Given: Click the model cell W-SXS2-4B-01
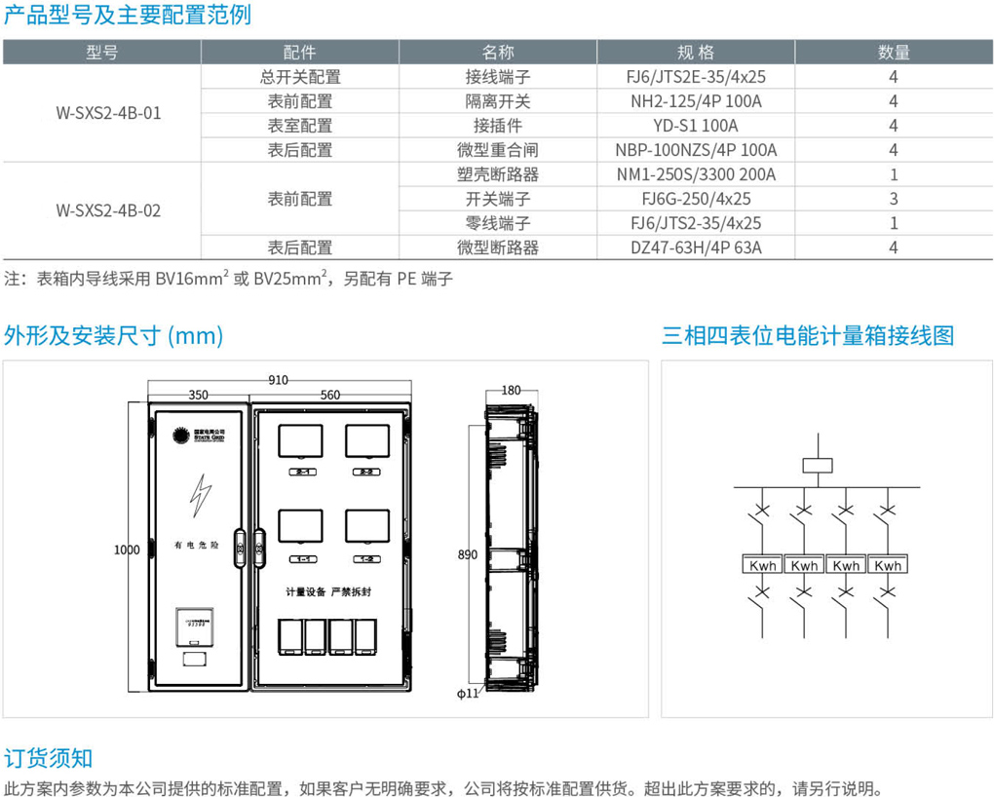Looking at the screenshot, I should pyautogui.click(x=108, y=113).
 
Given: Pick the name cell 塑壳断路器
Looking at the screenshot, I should pyautogui.click(x=497, y=174).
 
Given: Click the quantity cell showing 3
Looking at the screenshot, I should pyautogui.click(x=893, y=199).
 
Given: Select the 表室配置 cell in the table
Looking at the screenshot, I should pyautogui.click(x=300, y=126).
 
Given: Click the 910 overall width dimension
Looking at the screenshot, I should pyautogui.click(x=279, y=380).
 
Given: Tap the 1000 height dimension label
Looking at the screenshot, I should pyautogui.click(x=128, y=550).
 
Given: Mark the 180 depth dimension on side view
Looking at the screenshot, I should pyautogui.click(x=511, y=391).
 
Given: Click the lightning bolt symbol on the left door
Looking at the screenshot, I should pyautogui.click(x=202, y=496).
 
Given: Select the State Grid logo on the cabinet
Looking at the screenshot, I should pyautogui.click(x=195, y=435).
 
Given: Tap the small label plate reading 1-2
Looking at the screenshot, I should pyautogui.click(x=366, y=559).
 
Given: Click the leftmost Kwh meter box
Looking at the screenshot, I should pyautogui.click(x=761, y=565).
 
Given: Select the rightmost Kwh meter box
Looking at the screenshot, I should pyautogui.click(x=887, y=565).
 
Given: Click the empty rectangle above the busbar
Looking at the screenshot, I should pyautogui.click(x=816, y=465).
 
